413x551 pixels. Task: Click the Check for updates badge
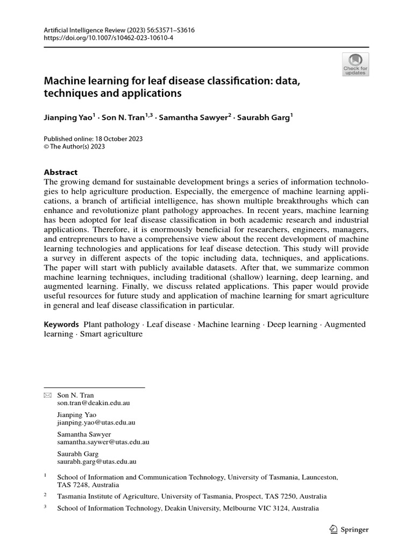coord(355,64)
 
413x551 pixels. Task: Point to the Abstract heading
coord(60,172)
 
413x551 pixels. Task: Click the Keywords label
coord(61,324)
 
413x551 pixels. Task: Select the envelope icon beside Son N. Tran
coord(47,395)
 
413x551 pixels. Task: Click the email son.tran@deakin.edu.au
coord(94,402)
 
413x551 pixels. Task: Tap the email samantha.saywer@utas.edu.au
coord(103,442)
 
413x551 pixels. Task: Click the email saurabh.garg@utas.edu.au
coord(97,461)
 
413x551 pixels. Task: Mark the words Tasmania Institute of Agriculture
coord(108,496)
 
